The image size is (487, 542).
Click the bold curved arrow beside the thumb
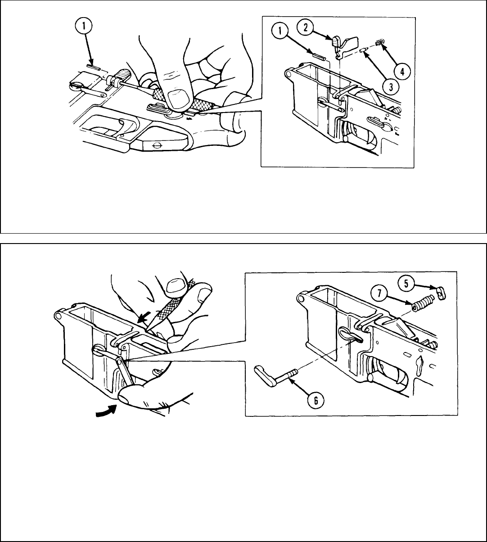[x=106, y=409]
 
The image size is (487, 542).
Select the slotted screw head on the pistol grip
[x=155, y=145]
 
